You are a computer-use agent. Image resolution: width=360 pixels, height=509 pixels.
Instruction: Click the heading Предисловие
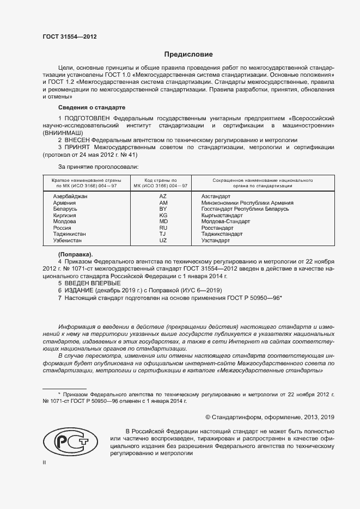pyautogui.click(x=188, y=54)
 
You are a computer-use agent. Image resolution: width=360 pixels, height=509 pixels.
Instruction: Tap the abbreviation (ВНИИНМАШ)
pyautogui.click(x=63, y=133)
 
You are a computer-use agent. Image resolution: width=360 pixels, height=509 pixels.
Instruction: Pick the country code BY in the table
pyautogui.click(x=163, y=209)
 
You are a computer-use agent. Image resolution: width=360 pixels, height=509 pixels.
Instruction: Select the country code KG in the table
pyautogui.click(x=163, y=216)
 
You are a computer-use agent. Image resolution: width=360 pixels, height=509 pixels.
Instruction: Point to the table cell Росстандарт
pyautogui.click(x=218, y=228)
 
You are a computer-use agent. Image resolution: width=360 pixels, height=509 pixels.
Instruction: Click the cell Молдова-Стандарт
pyautogui.click(x=225, y=222)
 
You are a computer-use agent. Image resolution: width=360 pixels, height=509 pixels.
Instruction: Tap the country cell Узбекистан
pyautogui.click(x=69, y=241)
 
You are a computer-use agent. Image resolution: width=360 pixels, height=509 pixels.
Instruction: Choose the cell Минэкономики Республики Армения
pyautogui.click(x=247, y=203)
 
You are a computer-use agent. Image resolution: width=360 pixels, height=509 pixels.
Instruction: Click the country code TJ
pyautogui.click(x=163, y=234)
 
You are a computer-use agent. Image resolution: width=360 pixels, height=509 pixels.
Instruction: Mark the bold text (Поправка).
pyautogui.click(x=75, y=254)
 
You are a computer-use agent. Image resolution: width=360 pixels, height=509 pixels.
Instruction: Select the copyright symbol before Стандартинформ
pyautogui.click(x=208, y=417)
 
